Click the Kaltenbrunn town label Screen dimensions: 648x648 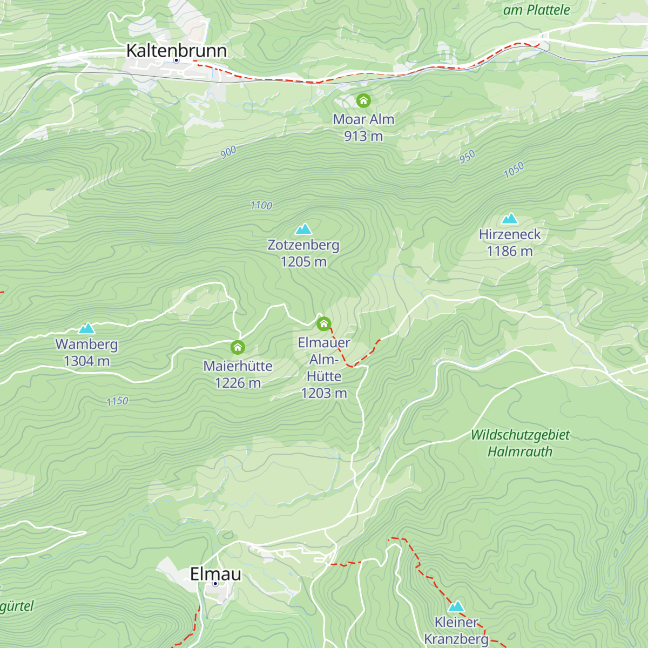[176, 50]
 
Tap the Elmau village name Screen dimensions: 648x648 [215, 573]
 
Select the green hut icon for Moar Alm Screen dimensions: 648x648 [363, 100]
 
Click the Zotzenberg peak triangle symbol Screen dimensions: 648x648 [303, 229]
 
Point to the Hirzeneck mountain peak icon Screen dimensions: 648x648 [510, 219]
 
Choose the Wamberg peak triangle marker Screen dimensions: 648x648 [86, 328]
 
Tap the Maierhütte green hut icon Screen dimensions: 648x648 [238, 347]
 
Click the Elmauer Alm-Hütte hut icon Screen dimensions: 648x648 [323, 323]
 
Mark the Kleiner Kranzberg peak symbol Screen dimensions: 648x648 [456, 606]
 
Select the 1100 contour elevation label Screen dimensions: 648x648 [261, 205]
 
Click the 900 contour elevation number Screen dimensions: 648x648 [228, 152]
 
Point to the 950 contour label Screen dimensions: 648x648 [467, 157]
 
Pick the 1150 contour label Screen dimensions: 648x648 [117, 401]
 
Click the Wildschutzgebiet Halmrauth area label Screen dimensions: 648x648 [520, 443]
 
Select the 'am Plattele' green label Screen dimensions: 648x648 [536, 10]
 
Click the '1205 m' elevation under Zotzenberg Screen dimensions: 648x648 [303, 262]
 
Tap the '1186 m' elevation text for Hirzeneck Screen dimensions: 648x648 [509, 251]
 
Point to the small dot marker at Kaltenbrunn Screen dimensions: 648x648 [176, 60]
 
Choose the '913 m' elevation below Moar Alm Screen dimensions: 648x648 [363, 136]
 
